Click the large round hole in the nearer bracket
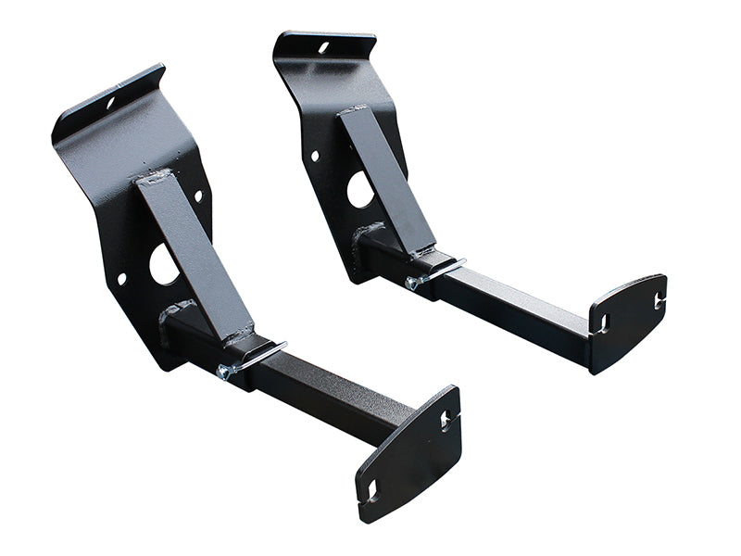(x=163, y=265)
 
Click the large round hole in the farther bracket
(x=360, y=190)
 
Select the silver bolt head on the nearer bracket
(x=222, y=372)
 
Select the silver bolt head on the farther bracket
(x=412, y=283)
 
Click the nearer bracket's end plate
(x=409, y=452)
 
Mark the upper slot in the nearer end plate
(x=446, y=421)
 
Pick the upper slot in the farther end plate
(x=659, y=299)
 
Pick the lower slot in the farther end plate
(x=603, y=324)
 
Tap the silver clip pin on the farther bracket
(x=445, y=269)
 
